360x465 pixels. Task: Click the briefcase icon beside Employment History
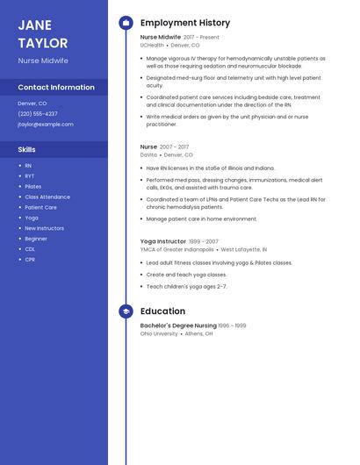(x=126, y=23)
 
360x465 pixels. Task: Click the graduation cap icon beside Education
(x=126, y=311)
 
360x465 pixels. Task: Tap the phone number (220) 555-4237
(x=38, y=114)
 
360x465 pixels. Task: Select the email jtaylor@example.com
(x=46, y=125)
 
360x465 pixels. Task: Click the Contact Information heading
(x=56, y=88)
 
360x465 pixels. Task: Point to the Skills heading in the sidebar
(x=26, y=149)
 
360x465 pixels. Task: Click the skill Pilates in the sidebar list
(x=32, y=186)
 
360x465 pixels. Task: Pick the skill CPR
(x=30, y=260)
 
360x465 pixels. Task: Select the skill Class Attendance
(x=47, y=197)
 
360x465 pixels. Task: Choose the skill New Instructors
(x=44, y=228)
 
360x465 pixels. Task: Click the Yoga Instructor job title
(x=163, y=241)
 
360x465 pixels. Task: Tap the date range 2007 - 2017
(x=174, y=147)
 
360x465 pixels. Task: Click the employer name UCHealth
(x=152, y=45)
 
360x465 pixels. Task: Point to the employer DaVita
(x=148, y=154)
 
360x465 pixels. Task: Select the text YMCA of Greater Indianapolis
(x=177, y=249)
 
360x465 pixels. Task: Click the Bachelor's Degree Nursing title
(x=178, y=325)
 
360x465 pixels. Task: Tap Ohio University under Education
(x=159, y=333)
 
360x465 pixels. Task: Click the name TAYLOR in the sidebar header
(x=42, y=43)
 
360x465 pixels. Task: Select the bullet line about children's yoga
(x=186, y=287)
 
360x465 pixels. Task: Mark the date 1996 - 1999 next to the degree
(x=232, y=325)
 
